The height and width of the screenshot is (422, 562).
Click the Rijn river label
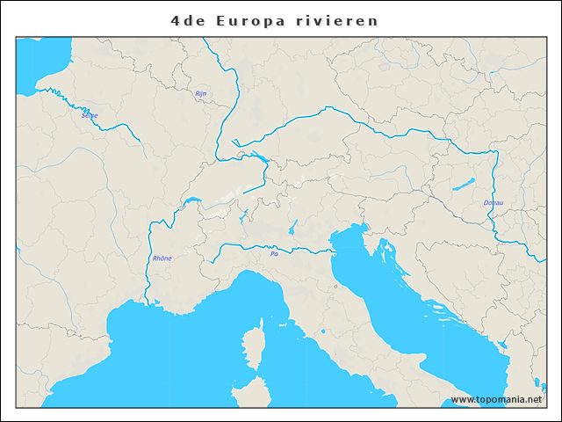tap(200, 93)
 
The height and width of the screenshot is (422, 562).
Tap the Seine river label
tap(90, 115)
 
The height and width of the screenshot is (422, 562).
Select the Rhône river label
tap(162, 258)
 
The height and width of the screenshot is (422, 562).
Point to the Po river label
tap(274, 254)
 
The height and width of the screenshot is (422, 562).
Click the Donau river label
tap(494, 203)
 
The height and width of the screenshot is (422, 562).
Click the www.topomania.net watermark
tap(496, 399)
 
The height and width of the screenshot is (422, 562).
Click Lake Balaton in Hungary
tap(463, 185)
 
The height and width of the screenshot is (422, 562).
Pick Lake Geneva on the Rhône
tap(191, 204)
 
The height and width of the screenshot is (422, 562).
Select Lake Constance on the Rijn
tap(261, 159)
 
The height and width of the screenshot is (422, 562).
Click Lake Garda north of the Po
tap(292, 227)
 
